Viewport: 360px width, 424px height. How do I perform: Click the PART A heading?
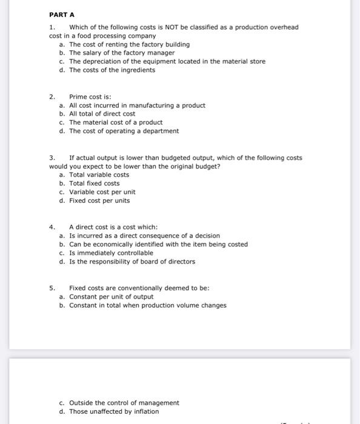tap(62, 14)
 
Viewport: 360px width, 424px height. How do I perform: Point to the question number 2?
tap(52, 96)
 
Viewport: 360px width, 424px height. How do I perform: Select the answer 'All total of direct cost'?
tap(102, 114)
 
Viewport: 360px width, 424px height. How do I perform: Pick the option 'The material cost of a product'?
tap(116, 122)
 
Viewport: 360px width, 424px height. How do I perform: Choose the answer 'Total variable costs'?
tap(99, 175)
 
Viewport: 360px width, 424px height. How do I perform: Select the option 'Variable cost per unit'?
tap(102, 192)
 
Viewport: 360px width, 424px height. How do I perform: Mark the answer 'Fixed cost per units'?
tap(99, 200)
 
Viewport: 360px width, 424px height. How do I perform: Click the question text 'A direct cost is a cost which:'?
tap(113, 227)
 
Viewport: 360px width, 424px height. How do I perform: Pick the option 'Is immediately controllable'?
tap(107, 253)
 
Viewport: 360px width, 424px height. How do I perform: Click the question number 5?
tap(52, 288)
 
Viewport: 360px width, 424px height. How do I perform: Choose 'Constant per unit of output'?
tap(111, 297)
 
